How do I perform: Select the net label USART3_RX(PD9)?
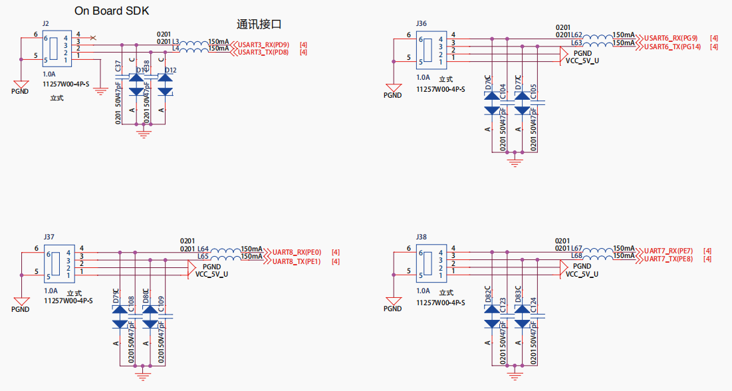pos(263,45)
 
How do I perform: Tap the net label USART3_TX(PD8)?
pos(263,52)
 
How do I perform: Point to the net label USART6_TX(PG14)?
pos(672,47)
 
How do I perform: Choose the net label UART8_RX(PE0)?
pos(297,252)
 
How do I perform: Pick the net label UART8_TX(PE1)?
pos(297,261)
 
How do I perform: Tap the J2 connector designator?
pos(45,23)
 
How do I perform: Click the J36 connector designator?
pos(421,23)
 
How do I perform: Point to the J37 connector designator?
pos(49,237)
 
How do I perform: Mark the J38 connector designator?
pos(421,237)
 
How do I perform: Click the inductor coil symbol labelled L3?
pos(194,42)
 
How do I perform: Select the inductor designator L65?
pos(203,256)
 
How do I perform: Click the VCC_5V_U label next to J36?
pos(582,61)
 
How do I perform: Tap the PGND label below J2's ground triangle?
pos(20,91)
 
